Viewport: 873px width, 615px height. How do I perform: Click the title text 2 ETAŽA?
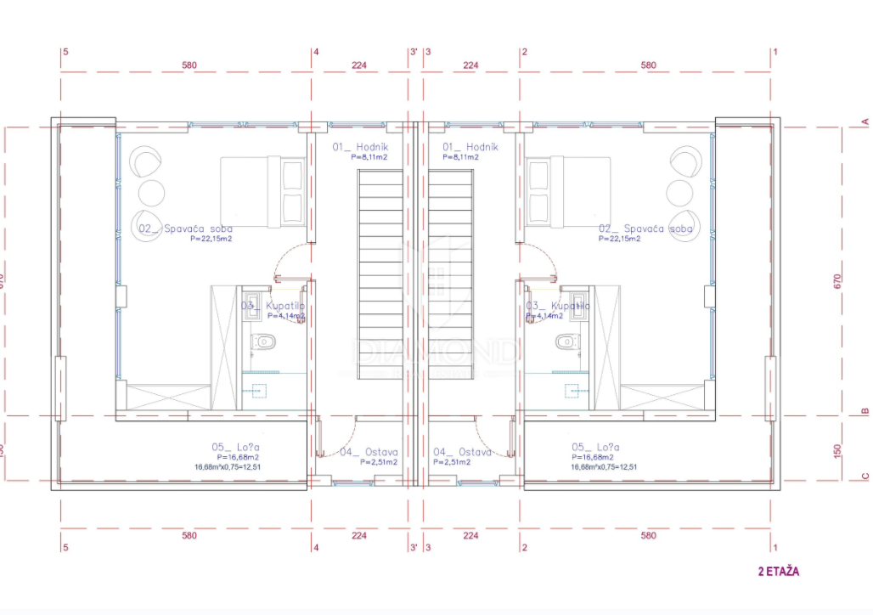click(x=778, y=572)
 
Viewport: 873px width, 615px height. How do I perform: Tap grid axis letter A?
click(x=865, y=121)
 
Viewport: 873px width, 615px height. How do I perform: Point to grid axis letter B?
click(x=865, y=409)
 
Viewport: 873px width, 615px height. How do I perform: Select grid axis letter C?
click(x=865, y=476)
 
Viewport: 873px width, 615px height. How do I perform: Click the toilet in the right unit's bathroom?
click(x=565, y=342)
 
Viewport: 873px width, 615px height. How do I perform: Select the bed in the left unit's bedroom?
click(x=262, y=192)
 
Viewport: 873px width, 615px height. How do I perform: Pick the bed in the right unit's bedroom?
click(x=566, y=192)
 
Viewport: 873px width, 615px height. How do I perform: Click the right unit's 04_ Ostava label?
click(x=463, y=453)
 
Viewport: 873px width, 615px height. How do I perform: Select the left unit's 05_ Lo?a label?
click(x=235, y=447)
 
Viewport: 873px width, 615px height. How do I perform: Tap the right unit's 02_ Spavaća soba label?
click(x=645, y=229)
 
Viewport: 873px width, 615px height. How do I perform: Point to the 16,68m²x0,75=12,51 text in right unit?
click(x=605, y=467)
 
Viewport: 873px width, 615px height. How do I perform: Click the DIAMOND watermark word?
click(x=435, y=351)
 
